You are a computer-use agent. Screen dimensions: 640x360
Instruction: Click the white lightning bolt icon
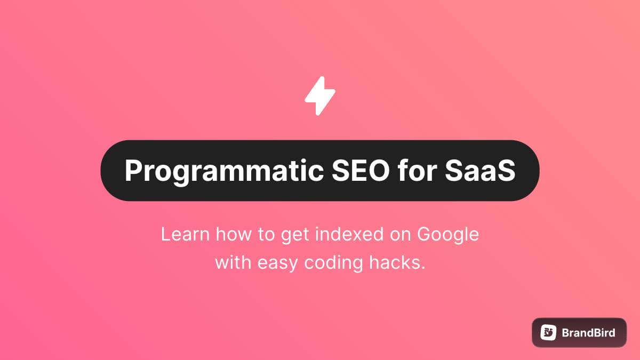point(320,95)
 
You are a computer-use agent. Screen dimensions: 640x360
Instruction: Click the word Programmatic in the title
point(224,171)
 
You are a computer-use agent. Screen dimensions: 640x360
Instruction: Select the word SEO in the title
point(361,170)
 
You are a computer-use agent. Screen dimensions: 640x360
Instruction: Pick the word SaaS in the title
point(480,170)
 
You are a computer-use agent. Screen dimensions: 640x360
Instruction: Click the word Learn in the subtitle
point(186,234)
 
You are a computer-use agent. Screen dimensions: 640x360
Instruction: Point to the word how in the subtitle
point(234,234)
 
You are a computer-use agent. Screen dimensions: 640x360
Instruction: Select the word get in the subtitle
point(295,236)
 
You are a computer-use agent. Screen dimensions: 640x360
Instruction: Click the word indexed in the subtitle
point(349,234)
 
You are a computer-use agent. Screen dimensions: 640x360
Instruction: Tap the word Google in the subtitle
point(447,235)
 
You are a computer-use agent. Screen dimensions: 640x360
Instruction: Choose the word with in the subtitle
point(233,262)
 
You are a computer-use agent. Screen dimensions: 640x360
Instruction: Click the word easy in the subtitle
point(278,263)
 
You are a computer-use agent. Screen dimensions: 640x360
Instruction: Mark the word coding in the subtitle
point(333,263)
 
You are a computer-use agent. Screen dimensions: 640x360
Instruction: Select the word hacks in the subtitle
point(393,262)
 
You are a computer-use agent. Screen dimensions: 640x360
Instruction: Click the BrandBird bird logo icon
point(548,333)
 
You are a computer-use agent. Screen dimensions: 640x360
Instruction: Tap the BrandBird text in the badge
point(588,333)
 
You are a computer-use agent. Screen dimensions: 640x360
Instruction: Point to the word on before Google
point(400,235)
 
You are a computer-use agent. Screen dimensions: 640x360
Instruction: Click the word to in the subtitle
point(266,235)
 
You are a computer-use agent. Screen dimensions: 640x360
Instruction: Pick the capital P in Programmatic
point(133,170)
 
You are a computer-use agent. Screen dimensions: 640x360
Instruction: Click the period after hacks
point(422,268)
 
